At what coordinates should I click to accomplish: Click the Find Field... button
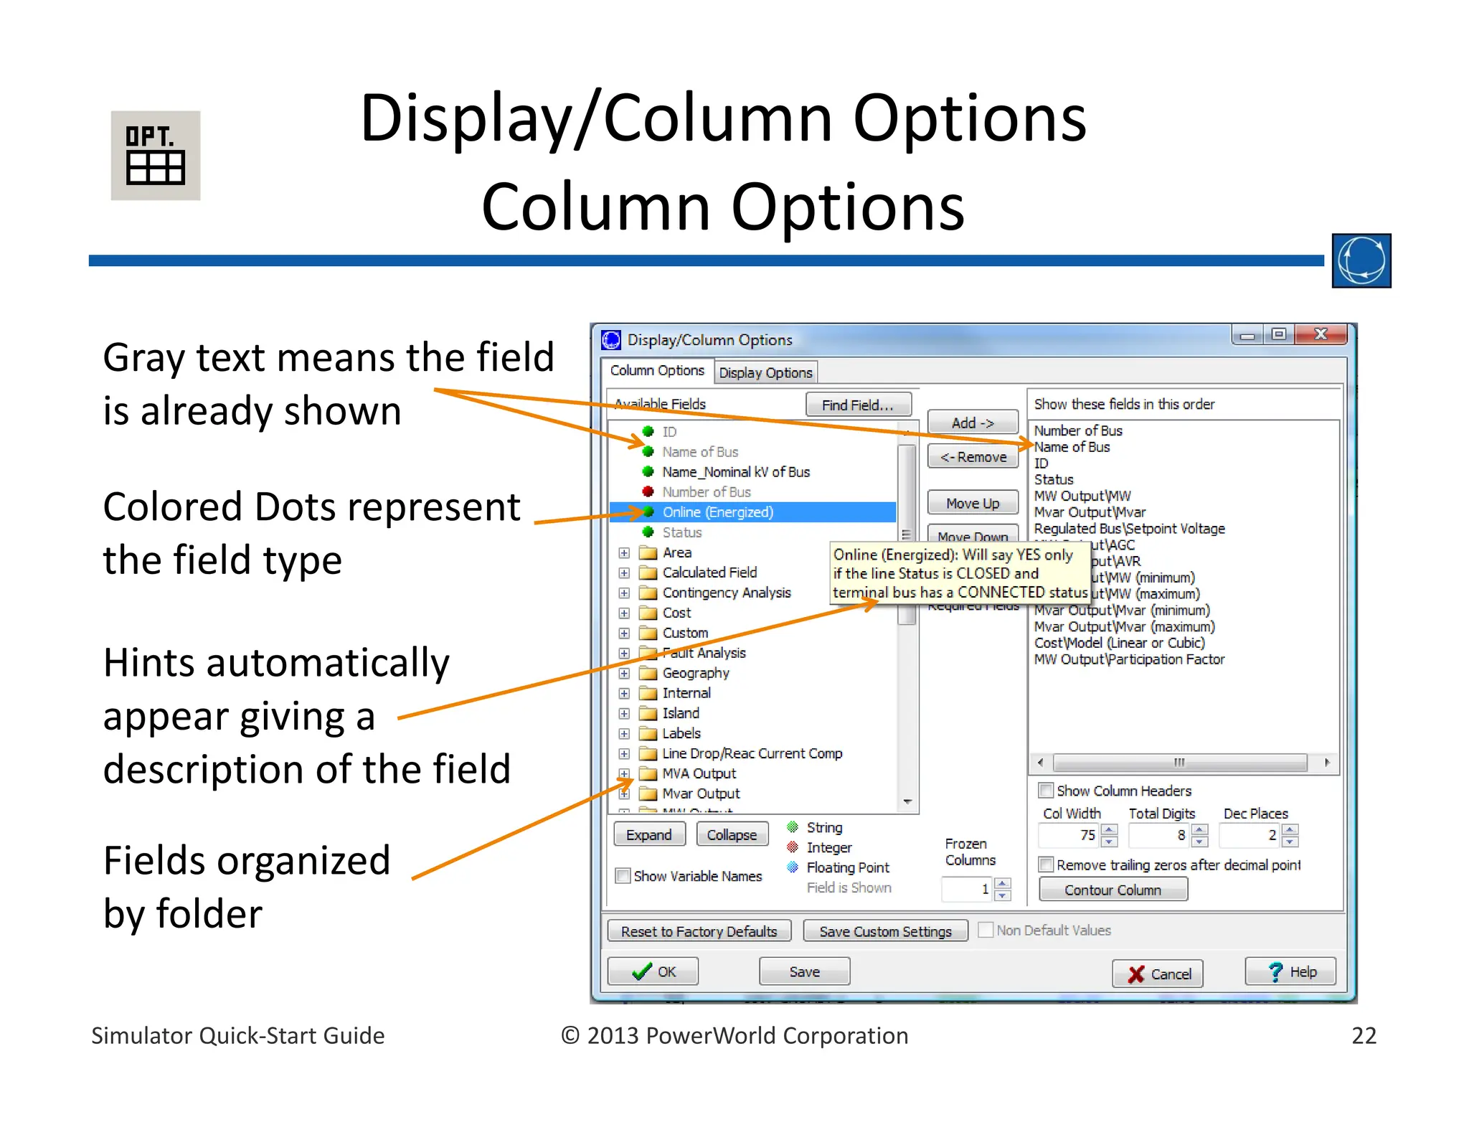coord(858,405)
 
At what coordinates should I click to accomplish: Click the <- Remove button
coord(973,457)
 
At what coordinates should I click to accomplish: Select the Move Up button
coord(973,503)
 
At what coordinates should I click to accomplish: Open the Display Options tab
coord(765,373)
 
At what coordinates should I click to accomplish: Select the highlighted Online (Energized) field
coord(717,512)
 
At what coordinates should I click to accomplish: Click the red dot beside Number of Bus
coord(648,492)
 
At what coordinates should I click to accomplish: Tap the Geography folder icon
coord(648,673)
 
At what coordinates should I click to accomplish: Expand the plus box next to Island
coord(624,714)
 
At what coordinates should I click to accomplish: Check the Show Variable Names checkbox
coord(623,876)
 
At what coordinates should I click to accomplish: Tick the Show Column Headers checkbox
coord(1046,791)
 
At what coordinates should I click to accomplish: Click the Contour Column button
coord(1113,890)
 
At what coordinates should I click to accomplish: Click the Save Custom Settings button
coord(885,931)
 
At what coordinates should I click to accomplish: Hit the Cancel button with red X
coord(1158,974)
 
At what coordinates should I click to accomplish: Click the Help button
coord(1290,972)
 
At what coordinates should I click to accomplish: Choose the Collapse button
coord(732,835)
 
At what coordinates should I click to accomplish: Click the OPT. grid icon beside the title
coord(155,156)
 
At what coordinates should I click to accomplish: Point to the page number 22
coord(1364,1036)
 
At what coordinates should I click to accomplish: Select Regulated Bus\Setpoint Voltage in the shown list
coord(1129,529)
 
